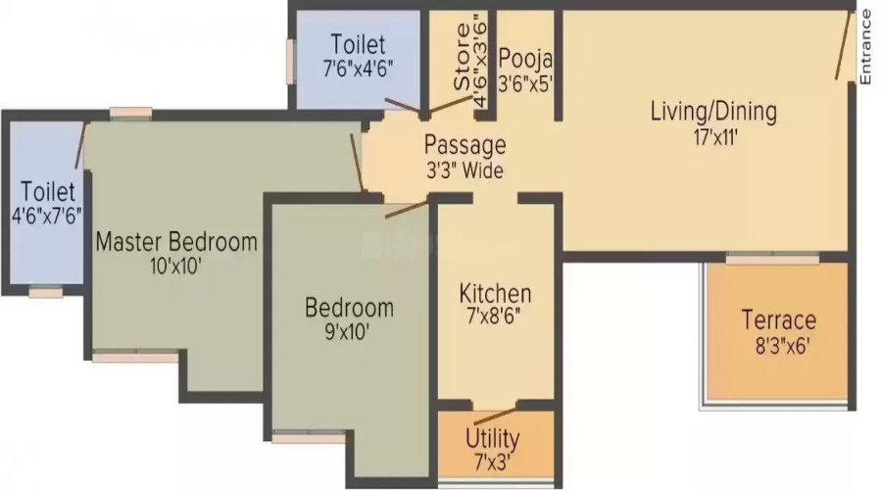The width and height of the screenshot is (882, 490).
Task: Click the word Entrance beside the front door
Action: (x=866, y=47)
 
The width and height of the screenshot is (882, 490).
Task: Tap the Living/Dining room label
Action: (x=713, y=112)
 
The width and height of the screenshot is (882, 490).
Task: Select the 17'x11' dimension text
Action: (x=715, y=137)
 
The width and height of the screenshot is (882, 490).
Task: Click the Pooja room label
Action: (x=525, y=59)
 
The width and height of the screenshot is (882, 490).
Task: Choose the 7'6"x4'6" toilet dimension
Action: (x=358, y=70)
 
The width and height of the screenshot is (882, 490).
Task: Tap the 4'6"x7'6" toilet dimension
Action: (x=47, y=216)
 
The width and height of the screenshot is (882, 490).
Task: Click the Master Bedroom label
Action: (x=176, y=242)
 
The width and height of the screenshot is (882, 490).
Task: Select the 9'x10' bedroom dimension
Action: (x=347, y=332)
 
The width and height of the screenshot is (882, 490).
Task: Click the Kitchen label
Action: (x=495, y=294)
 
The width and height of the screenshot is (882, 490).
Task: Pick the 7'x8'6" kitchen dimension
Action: (x=493, y=317)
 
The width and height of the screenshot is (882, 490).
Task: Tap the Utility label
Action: (x=492, y=439)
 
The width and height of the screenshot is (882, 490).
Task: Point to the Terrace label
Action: (x=779, y=320)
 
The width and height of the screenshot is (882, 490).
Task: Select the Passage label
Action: (x=465, y=145)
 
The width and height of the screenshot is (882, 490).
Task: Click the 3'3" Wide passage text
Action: (x=465, y=171)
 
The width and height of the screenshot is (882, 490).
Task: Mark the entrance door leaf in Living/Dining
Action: (x=842, y=45)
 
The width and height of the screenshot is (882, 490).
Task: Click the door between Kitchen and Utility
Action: (x=495, y=416)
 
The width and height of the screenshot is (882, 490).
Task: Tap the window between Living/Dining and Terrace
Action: (x=772, y=260)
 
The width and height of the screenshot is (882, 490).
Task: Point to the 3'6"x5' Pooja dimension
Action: (x=525, y=84)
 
